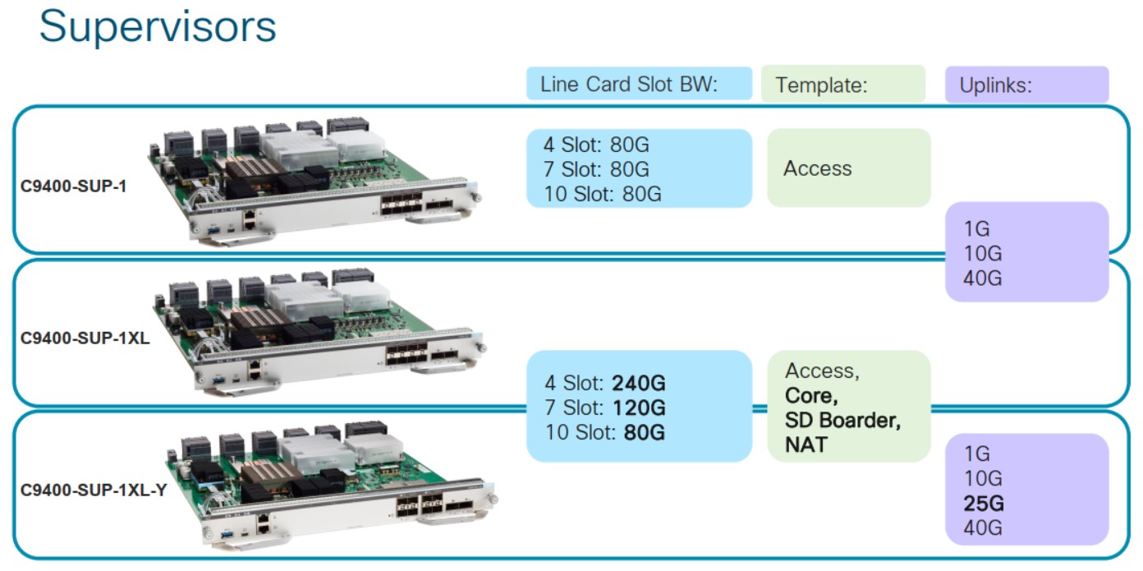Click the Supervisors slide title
[x=158, y=26]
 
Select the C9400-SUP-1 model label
[x=73, y=186]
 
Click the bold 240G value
[x=638, y=384]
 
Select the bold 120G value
[x=638, y=408]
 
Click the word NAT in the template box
[x=806, y=444]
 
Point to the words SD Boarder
[x=842, y=421]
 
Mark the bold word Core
[x=811, y=396]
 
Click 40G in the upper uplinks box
[x=982, y=278]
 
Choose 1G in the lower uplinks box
[x=977, y=454]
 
